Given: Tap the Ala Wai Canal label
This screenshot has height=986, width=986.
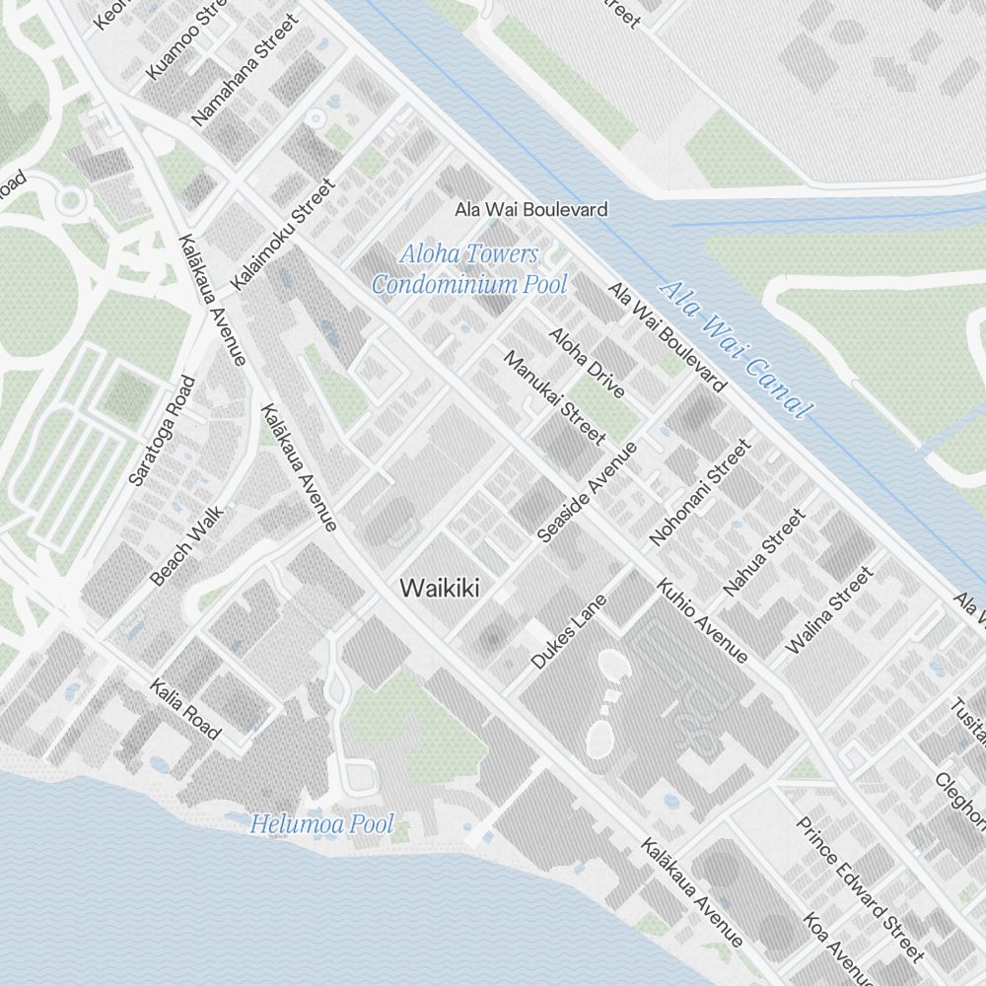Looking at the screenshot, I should pos(736,348).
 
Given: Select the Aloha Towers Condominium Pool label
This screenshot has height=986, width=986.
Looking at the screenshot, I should pos(469,269).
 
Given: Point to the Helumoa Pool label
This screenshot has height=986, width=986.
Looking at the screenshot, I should pos(321,824).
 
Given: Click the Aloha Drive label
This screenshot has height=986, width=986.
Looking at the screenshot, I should pos(587,363).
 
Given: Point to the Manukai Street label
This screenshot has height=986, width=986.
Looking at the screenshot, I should pos(554,398).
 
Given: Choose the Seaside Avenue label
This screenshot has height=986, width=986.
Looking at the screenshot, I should pos(588,491).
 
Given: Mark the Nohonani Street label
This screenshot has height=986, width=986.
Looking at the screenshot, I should pos(701,493).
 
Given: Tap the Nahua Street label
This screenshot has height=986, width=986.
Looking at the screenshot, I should pos(765,552).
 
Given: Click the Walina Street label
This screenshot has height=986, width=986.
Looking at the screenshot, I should pos(829,609).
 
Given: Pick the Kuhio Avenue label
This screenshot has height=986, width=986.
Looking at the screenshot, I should pos(702,619).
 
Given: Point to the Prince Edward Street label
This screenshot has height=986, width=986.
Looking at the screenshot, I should pos(860,888).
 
